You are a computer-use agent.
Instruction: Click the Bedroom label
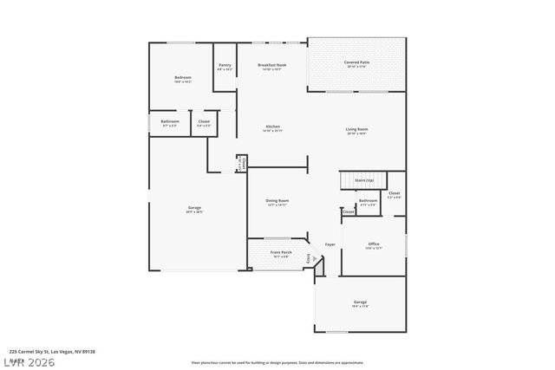[x=183, y=77]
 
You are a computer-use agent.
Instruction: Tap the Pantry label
[x=225, y=65]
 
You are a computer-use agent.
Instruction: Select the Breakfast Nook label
[x=272, y=65]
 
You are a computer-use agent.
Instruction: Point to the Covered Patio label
[x=357, y=62]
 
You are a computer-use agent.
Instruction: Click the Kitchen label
[x=272, y=127]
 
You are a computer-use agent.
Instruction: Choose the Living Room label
[x=357, y=129]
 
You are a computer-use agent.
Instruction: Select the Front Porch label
[x=281, y=252]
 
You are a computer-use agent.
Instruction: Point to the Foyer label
[x=330, y=244]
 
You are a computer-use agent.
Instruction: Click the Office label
[x=374, y=243]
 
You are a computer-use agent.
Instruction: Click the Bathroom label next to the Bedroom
[x=170, y=121]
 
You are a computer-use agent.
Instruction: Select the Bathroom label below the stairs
[x=369, y=200]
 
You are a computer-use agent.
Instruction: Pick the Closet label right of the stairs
[x=394, y=192]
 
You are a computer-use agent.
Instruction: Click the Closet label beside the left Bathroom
[x=204, y=121]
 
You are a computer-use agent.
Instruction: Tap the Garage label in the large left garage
[x=195, y=207]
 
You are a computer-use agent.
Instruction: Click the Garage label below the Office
[x=360, y=302]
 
